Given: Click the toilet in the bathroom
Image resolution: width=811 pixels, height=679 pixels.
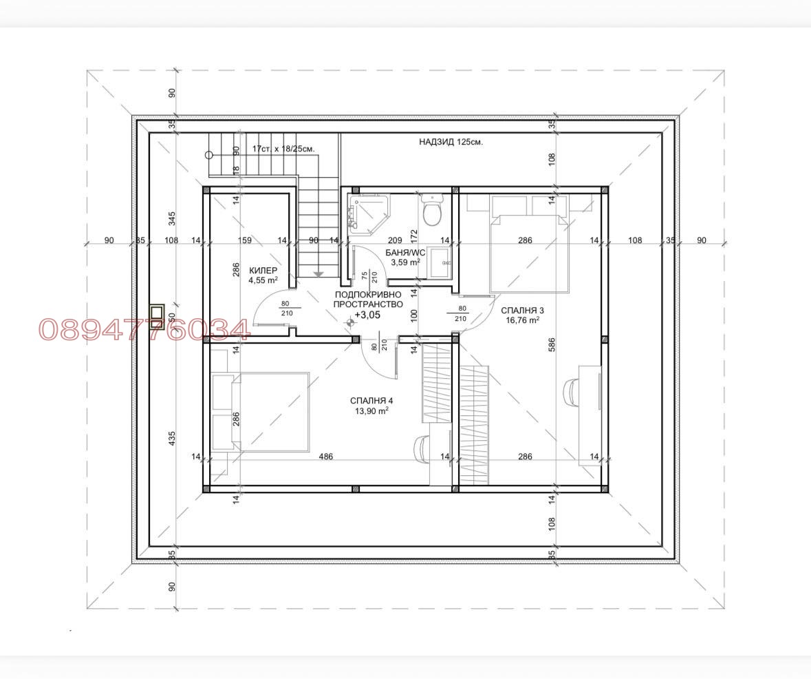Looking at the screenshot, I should point(432,211).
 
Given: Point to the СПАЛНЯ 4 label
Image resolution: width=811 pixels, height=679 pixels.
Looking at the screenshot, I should point(371,401).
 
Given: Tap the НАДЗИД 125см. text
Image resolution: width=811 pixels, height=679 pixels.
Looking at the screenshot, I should point(451,143).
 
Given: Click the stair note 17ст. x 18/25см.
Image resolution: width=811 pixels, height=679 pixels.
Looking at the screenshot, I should point(283,149).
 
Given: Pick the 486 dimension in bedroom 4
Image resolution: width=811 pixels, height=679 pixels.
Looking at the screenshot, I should point(326,457).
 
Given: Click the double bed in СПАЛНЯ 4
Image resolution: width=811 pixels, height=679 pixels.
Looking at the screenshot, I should point(268,412).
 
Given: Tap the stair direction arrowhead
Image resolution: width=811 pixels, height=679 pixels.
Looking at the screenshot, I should point(318,274).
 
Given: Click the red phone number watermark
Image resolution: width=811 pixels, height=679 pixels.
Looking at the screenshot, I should point(144,330).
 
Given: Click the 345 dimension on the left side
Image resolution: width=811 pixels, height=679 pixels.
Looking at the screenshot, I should point(172,218).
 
